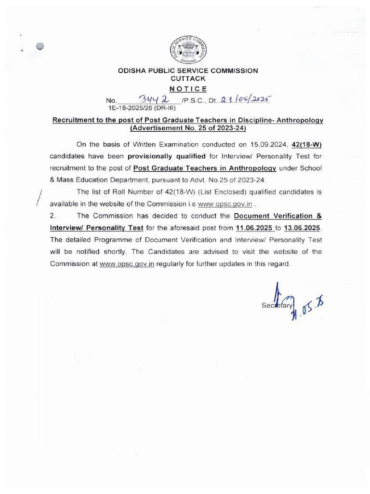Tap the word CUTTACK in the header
(188, 78)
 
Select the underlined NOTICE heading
(188, 88)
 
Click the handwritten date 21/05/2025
(246, 100)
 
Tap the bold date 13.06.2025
(302, 227)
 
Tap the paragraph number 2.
(53, 215)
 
